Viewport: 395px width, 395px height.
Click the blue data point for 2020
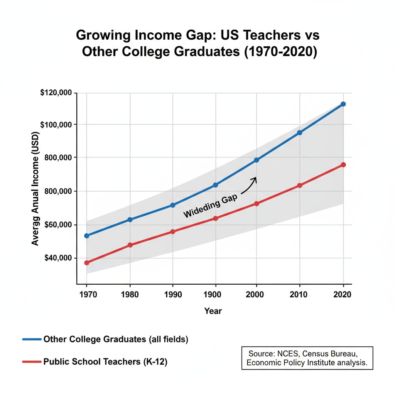pos(343,104)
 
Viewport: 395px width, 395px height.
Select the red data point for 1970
pos(87,263)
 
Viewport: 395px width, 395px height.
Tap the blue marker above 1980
pos(130,219)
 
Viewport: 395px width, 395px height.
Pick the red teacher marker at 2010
pos(300,186)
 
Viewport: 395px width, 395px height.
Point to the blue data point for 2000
pos(256,160)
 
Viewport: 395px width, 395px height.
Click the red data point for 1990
pos(173,231)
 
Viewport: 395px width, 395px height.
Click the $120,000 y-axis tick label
pos(56,93)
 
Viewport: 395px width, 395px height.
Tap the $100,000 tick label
pos(56,125)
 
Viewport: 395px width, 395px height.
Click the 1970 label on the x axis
pos(87,295)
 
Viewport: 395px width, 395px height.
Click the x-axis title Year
pos(213,311)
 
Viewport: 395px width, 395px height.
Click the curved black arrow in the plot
pos(250,185)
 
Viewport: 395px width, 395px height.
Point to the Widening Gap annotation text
pos(210,206)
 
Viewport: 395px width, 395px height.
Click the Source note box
pos(307,358)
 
